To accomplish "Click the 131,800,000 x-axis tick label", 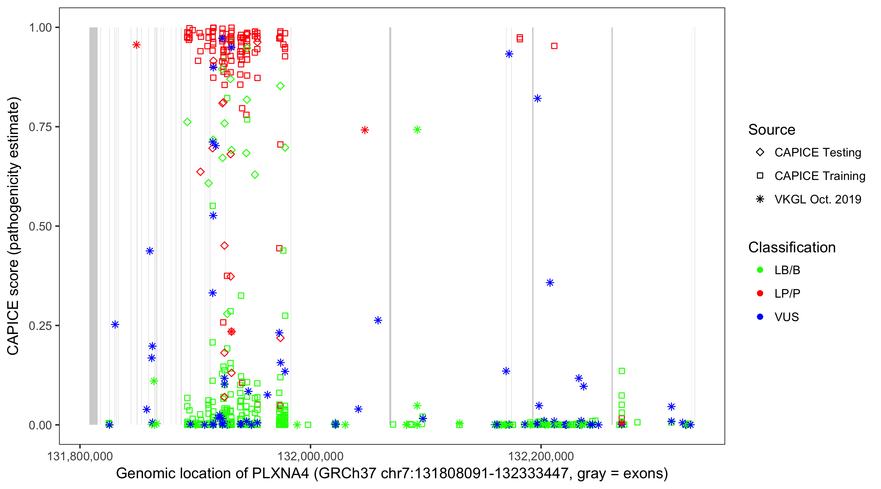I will (80, 456).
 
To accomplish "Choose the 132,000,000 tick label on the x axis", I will (310, 456).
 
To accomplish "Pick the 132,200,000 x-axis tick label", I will (541, 456).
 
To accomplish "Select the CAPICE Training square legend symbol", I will (760, 176).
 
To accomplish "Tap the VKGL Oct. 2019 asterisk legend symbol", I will (760, 199).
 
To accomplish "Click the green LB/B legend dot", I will (760, 270).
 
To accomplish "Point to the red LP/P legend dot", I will (760, 293).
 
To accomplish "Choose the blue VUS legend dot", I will (760, 317).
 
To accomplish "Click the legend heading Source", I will (772, 130).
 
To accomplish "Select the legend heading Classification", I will (792, 247).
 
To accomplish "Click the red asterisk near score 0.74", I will (364, 130).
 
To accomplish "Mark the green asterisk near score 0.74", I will (417, 129).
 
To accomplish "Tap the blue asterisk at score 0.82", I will (537, 98).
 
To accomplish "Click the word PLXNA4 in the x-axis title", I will (280, 474).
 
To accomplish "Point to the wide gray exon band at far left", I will (93, 226).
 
